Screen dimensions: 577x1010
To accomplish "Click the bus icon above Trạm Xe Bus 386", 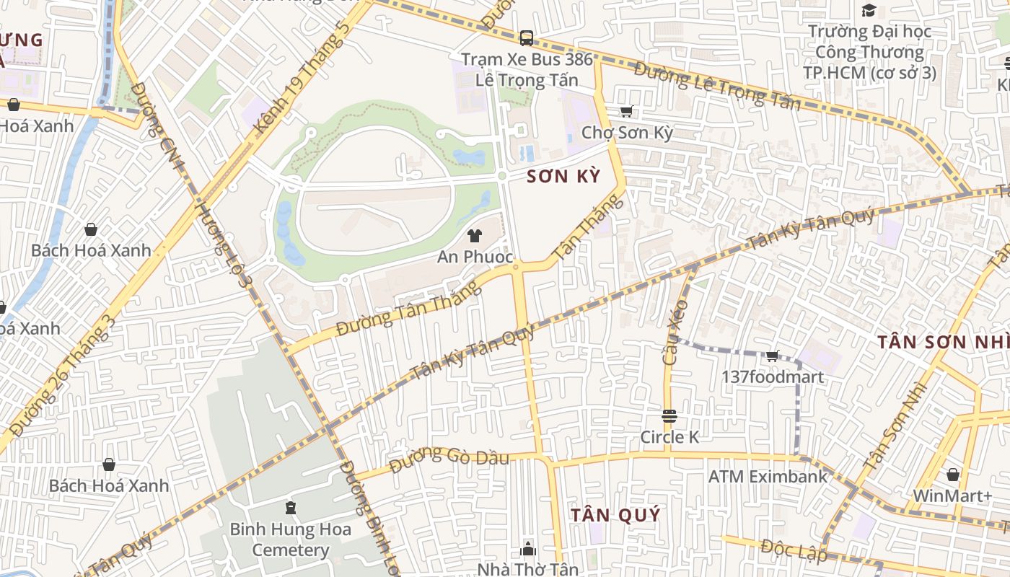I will click(x=526, y=38).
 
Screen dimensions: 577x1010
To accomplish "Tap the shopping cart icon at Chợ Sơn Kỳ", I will click(x=626, y=112).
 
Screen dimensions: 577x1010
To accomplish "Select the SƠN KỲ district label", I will click(x=563, y=176).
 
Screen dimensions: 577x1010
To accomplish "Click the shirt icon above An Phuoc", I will click(x=475, y=235).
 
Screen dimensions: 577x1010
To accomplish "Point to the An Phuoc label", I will click(x=475, y=257).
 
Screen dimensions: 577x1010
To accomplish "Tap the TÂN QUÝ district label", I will click(x=615, y=515).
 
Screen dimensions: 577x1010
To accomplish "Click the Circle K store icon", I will click(x=669, y=416).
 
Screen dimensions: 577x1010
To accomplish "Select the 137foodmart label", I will click(x=773, y=376).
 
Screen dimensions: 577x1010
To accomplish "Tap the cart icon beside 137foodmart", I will click(x=773, y=356).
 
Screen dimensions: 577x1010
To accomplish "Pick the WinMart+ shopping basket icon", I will click(x=952, y=475).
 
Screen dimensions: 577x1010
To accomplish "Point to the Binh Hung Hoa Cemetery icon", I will click(x=291, y=508).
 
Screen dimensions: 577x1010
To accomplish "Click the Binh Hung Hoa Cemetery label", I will click(x=291, y=539).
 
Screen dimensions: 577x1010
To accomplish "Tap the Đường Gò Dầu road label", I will click(x=449, y=459).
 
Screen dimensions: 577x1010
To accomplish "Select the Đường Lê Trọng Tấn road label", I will click(x=718, y=86).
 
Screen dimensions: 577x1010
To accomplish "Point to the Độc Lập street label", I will click(x=794, y=550).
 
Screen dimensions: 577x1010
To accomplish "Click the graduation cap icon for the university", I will click(x=869, y=10).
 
